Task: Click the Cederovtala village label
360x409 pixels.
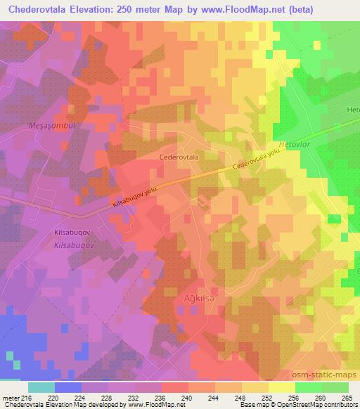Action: point(179,158)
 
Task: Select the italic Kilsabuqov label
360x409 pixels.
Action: point(74,245)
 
